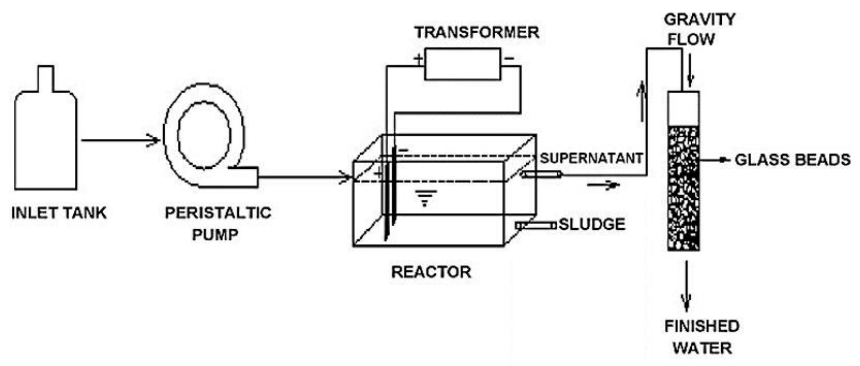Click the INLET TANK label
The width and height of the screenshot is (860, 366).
[59, 213]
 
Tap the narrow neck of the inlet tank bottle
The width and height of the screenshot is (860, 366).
[46, 78]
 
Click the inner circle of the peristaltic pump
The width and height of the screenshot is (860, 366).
[204, 135]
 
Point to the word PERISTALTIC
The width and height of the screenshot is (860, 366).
[218, 213]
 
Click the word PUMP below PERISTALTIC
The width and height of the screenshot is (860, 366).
[215, 235]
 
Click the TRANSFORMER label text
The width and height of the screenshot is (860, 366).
[476, 32]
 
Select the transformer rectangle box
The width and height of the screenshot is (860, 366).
[462, 64]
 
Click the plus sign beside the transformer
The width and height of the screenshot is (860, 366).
[418, 58]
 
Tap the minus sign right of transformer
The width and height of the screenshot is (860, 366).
[510, 58]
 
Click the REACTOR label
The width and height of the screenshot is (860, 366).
[431, 272]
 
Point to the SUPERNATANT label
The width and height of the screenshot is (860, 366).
[591, 158]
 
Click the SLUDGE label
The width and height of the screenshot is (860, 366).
[592, 224]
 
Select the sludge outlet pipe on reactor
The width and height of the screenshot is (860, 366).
[536, 226]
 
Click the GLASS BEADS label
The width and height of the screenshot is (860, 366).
[792, 160]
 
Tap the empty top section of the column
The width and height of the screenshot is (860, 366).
[683, 109]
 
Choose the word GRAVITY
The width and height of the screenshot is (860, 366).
[699, 20]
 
